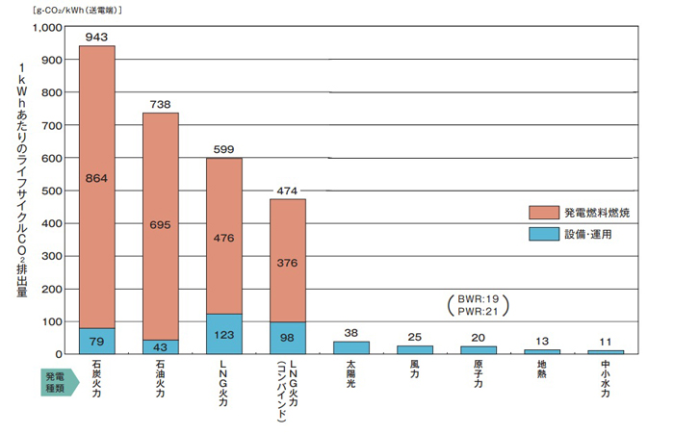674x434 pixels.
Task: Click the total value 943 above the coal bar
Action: (x=96, y=37)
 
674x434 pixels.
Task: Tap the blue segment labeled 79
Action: (x=96, y=341)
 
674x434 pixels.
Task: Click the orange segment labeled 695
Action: (x=161, y=225)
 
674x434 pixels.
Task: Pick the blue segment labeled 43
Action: (x=161, y=346)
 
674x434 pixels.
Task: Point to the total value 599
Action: (x=224, y=149)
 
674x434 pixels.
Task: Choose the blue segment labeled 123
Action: (x=224, y=334)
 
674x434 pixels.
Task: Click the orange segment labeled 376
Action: (x=288, y=260)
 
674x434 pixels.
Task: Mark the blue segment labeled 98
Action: (x=288, y=338)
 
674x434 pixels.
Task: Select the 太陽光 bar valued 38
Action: (x=351, y=347)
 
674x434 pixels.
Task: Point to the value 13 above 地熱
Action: (x=542, y=341)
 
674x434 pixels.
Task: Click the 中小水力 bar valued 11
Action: (x=606, y=351)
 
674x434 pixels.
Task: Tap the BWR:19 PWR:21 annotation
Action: (x=478, y=305)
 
